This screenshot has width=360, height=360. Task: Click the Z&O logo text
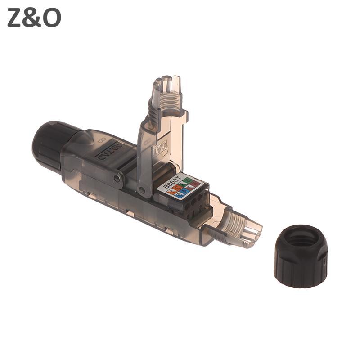34,18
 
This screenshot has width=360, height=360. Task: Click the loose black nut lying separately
300,256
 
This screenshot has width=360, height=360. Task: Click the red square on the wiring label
195,184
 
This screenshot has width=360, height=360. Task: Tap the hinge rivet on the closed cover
117,179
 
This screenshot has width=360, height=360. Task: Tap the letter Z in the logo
15,18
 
